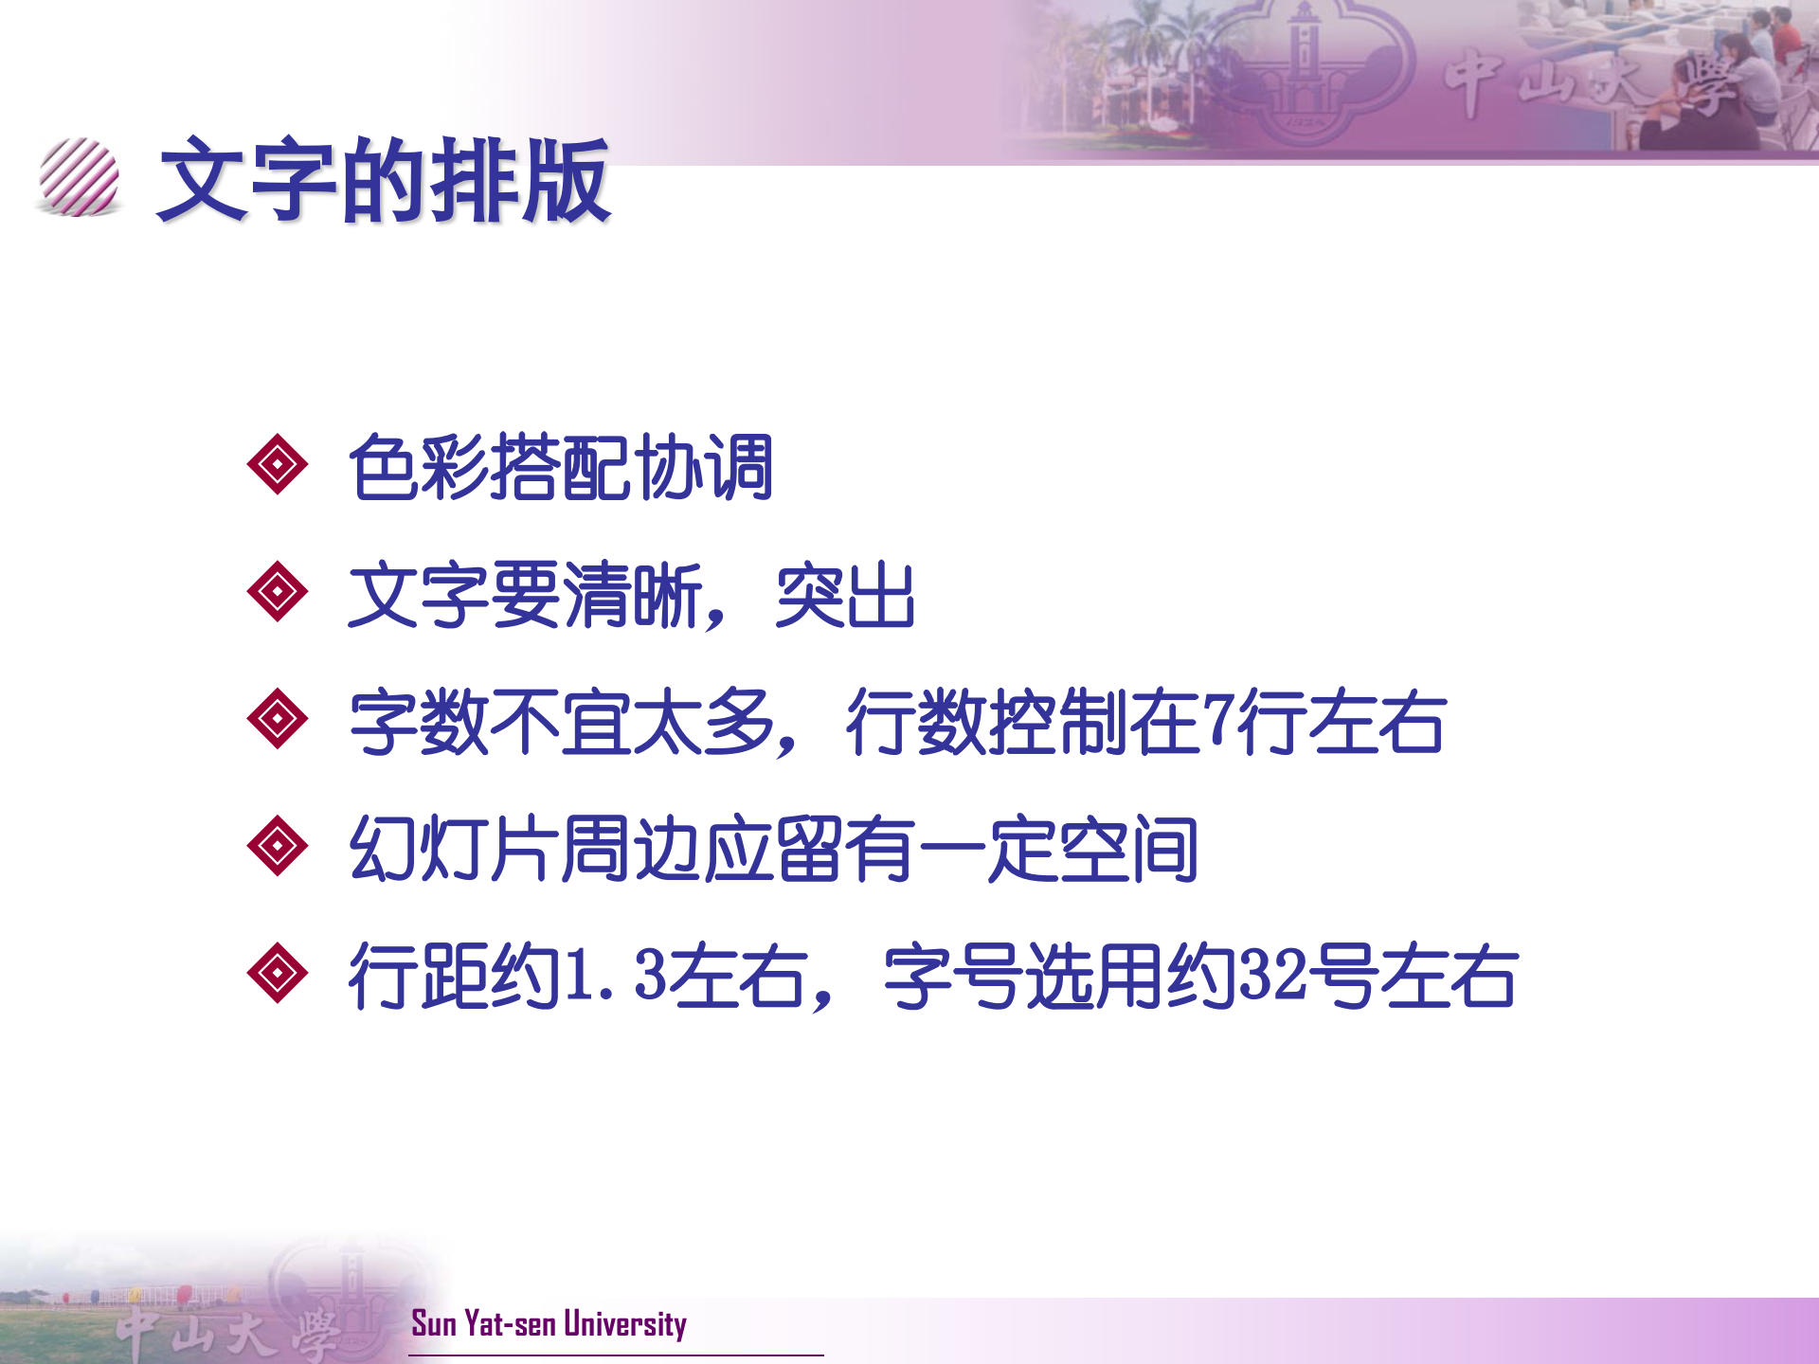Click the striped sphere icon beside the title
(x=80, y=177)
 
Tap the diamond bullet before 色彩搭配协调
(x=277, y=464)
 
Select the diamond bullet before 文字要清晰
(x=277, y=591)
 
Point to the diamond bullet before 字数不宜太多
(x=277, y=719)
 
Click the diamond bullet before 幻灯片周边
(x=277, y=845)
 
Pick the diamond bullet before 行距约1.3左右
(x=277, y=973)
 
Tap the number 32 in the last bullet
(x=1274, y=975)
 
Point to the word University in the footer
(x=625, y=1323)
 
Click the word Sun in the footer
(x=434, y=1323)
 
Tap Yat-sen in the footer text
(x=511, y=1323)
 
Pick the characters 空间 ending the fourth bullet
(x=1128, y=849)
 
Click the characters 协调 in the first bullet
(x=704, y=467)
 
